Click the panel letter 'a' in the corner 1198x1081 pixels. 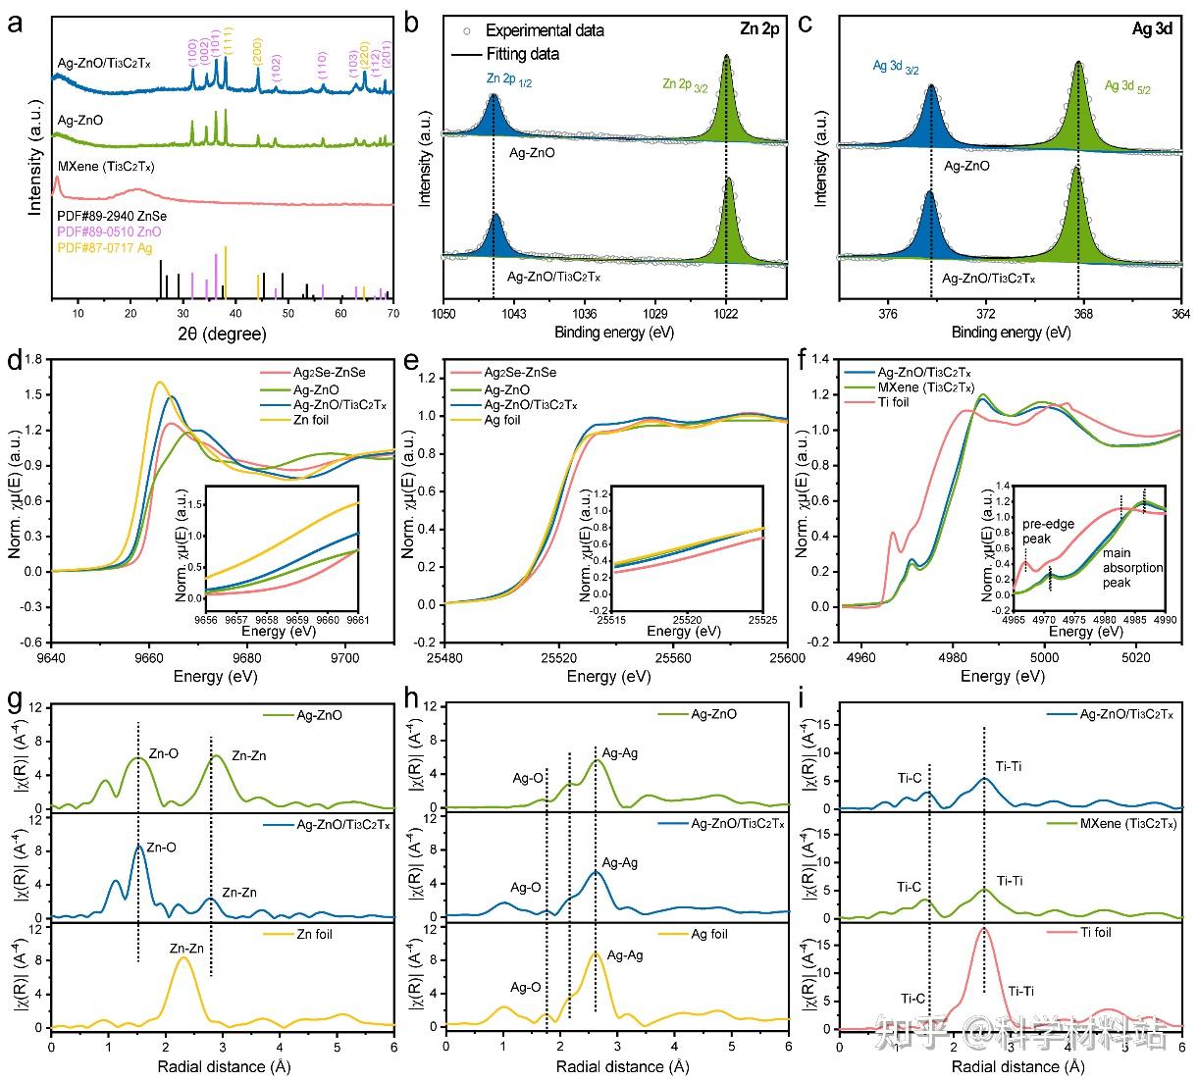15,22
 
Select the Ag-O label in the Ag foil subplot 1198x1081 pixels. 527,988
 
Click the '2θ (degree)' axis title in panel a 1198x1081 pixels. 223,334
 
